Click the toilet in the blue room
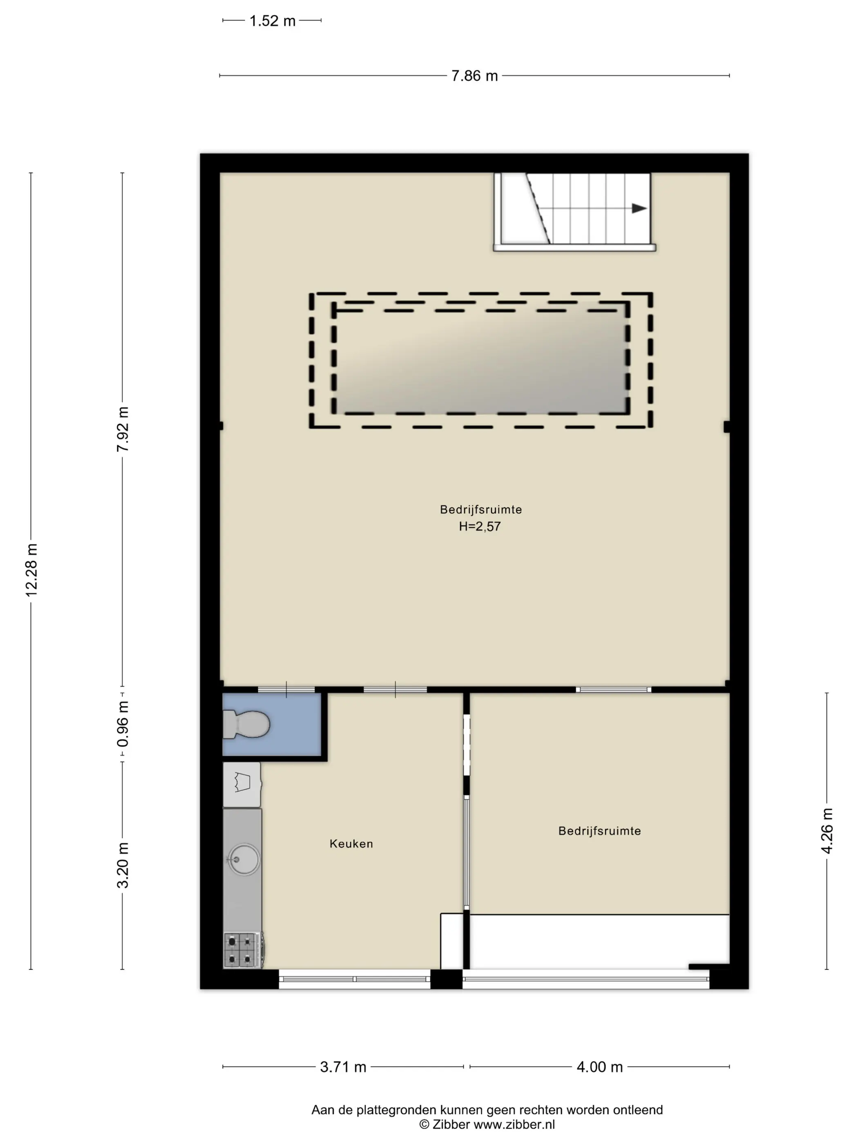coord(246,724)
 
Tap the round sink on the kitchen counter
coord(244,860)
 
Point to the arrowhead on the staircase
coord(639,208)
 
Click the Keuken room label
coord(351,844)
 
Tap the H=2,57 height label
coord(479,527)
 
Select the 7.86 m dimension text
coord(474,76)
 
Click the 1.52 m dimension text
coord(272,21)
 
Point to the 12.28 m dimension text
coord(31,570)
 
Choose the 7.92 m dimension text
coord(123,429)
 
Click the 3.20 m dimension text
coord(123,865)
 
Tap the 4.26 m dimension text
coord(827,831)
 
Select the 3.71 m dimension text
coord(343,1067)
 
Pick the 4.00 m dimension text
coord(599,1067)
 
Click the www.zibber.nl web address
coord(514,1124)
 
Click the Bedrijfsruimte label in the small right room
coord(599,831)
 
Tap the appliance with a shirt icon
coord(242,784)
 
